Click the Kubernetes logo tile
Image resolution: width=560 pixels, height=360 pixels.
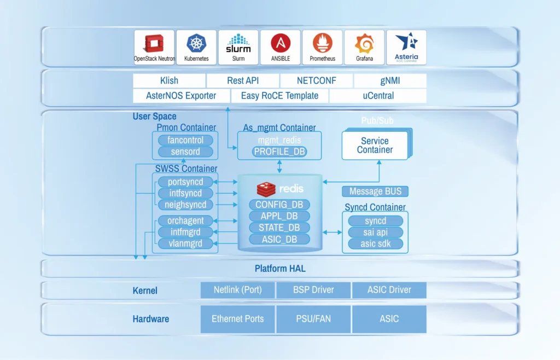coord(196,47)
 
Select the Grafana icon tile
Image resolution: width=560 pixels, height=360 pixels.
coord(364,47)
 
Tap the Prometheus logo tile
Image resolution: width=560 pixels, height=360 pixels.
coord(322,47)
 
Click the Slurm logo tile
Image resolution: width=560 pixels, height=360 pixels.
coord(238,47)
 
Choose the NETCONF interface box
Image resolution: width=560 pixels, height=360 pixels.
coord(316,81)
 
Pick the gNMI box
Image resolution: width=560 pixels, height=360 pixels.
coord(390,81)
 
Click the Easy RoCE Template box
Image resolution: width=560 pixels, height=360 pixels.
coord(281,96)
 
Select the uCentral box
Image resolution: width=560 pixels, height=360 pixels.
coord(378,96)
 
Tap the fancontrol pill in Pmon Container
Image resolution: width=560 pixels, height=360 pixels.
coord(185,140)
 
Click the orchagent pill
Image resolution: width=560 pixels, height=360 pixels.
coord(185,220)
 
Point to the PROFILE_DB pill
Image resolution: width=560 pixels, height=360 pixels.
coord(279,152)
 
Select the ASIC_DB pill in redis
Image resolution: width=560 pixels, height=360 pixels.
coord(279,239)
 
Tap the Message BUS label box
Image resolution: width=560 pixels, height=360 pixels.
coord(375,191)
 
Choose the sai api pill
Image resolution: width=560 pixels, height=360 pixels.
coord(375,233)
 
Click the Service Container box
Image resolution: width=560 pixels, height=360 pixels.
coord(375,145)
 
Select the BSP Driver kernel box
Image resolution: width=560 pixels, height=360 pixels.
coord(314,290)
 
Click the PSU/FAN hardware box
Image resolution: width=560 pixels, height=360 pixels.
coord(314,319)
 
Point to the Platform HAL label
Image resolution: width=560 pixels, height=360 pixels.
coord(280,269)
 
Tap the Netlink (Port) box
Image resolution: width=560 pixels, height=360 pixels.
coord(237,290)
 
